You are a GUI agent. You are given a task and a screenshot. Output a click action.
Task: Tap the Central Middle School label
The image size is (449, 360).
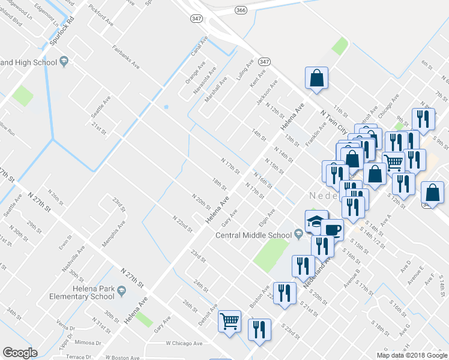tap(254, 235)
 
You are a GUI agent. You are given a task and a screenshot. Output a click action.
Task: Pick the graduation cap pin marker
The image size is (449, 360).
tap(316, 220)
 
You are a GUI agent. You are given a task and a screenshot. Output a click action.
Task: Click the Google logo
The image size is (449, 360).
tap(20, 353)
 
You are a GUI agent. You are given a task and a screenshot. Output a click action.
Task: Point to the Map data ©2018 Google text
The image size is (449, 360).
tap(412, 355)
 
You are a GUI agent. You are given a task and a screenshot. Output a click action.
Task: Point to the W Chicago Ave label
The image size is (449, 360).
tap(184, 344)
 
